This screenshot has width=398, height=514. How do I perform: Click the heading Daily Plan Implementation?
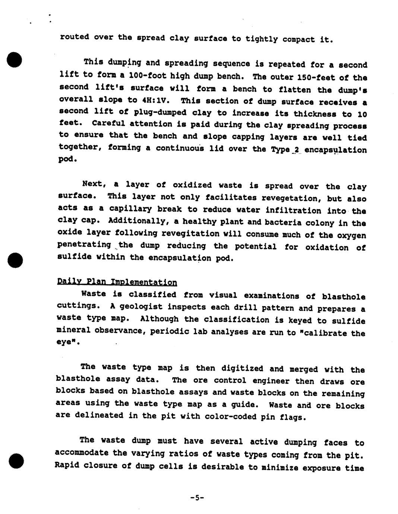117,282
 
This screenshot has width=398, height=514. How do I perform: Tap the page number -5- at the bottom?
197,497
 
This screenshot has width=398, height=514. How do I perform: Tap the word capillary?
123,209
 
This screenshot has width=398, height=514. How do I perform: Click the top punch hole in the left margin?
15,60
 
